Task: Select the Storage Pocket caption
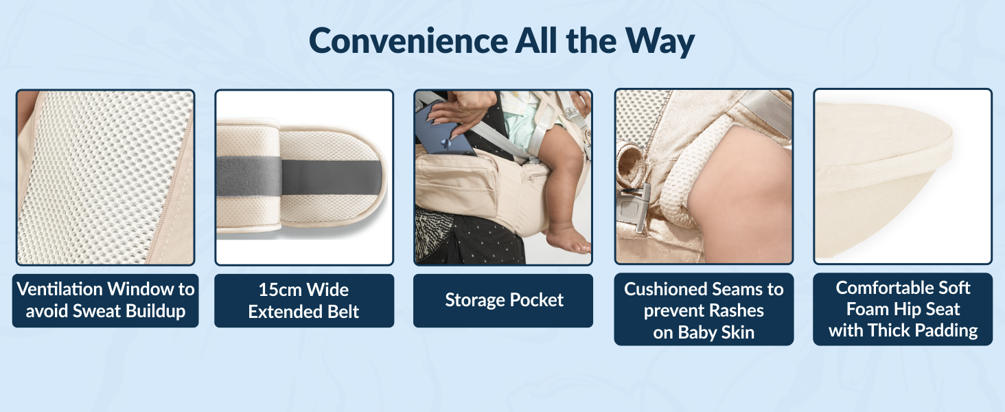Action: (504, 300)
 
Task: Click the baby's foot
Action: (568, 240)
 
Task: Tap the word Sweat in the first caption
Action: (105, 311)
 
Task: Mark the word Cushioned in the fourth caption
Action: (669, 289)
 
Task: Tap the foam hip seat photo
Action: (902, 176)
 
